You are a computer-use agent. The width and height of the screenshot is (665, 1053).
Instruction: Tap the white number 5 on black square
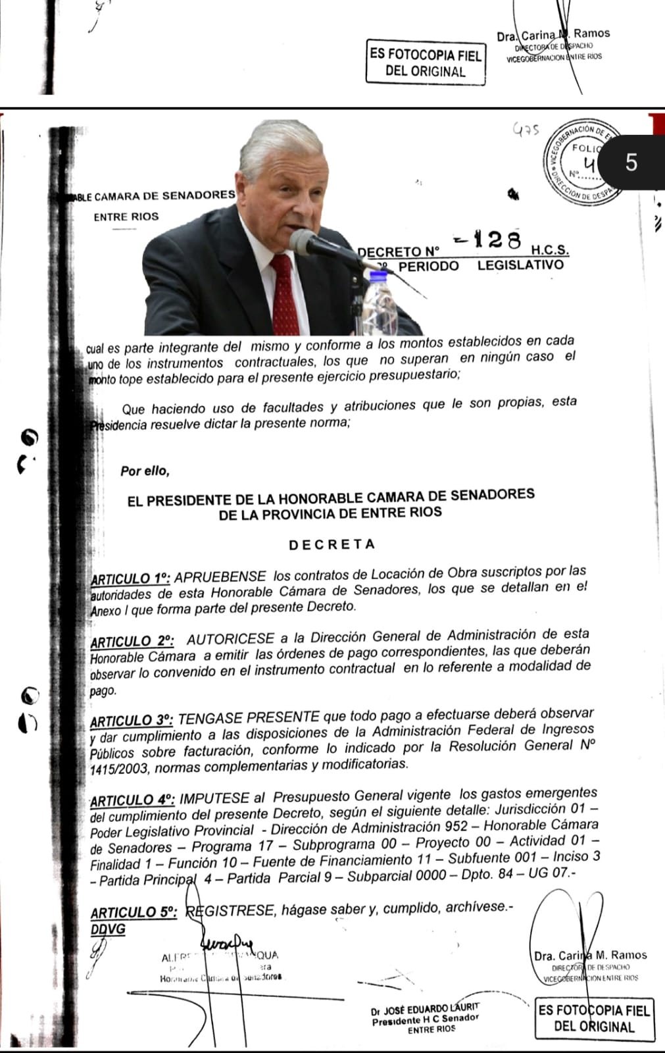tap(631, 162)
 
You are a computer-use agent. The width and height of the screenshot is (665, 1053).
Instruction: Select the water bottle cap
tap(379, 276)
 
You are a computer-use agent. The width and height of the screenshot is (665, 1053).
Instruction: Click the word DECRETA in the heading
tap(332, 544)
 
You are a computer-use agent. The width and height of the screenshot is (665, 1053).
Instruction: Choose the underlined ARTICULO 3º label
tap(132, 721)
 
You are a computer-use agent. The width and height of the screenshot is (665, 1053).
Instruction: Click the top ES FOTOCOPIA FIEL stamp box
tap(426, 63)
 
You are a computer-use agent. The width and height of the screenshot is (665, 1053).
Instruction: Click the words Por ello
tap(145, 471)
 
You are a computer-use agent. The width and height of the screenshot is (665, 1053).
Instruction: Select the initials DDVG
tap(108, 929)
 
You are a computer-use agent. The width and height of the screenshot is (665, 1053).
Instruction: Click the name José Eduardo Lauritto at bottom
tap(425, 1009)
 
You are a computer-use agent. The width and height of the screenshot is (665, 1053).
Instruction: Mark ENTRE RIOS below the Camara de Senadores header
tap(126, 217)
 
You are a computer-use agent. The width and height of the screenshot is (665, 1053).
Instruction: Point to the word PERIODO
tap(428, 267)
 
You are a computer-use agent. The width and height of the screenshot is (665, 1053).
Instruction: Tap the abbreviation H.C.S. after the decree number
tap(549, 250)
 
